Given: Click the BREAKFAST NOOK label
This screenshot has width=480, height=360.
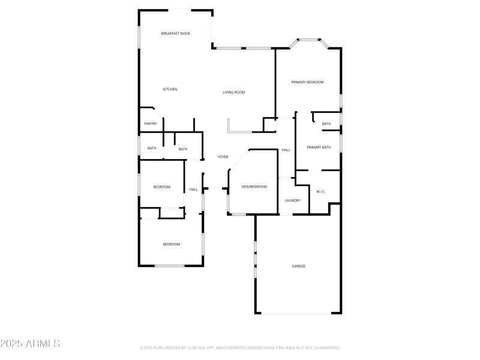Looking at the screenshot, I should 176,34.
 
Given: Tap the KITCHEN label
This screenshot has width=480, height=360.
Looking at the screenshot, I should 170,89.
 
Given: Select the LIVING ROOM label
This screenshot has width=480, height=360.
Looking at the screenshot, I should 234,92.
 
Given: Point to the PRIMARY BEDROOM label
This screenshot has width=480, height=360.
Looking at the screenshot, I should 307,82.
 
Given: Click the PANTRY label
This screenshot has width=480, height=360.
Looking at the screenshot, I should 151,124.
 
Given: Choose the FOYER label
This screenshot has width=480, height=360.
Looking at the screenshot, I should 223,157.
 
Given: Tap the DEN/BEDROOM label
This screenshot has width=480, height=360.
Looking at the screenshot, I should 254,187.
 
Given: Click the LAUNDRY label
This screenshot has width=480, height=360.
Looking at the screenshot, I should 292,200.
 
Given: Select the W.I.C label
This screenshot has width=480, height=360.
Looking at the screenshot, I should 320,191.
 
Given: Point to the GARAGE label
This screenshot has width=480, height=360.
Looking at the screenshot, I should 299,266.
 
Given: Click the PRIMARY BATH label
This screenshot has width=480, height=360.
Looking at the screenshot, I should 319,148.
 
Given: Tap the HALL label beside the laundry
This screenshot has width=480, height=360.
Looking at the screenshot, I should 286,150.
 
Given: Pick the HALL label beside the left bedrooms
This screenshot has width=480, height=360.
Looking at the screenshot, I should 194,190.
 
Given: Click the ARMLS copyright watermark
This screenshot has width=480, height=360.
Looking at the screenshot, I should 30,344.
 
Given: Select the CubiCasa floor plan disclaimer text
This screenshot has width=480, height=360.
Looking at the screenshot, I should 240,347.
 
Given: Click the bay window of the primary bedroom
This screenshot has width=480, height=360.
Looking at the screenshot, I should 309,41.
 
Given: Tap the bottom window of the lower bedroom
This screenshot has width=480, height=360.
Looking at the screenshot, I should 170,265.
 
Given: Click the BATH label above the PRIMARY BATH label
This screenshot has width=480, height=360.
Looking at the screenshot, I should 326,124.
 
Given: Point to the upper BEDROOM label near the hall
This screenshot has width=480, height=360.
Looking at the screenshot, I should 161,187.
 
